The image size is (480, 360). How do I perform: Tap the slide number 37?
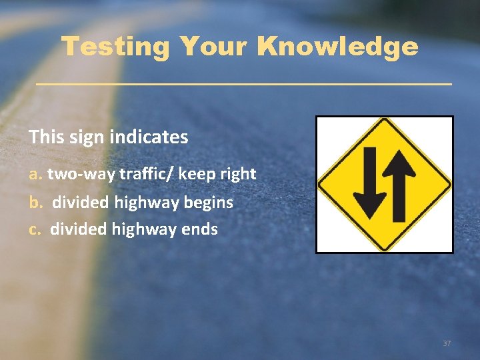click(447, 343)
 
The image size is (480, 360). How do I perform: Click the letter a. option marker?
click(35, 174)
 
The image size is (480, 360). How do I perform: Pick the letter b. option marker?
click(35, 202)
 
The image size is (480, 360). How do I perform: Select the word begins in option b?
click(211, 202)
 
